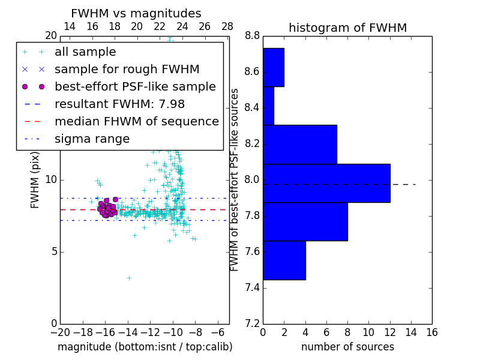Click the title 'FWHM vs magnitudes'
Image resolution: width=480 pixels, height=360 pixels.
(x=136, y=13)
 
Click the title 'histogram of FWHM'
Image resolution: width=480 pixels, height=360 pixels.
(x=347, y=28)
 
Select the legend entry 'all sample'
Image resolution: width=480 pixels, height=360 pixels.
(x=85, y=52)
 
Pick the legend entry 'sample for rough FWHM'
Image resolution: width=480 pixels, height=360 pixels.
(x=127, y=69)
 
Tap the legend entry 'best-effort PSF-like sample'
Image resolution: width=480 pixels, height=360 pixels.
(x=135, y=86)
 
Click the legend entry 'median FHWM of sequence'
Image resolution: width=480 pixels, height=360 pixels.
(x=136, y=121)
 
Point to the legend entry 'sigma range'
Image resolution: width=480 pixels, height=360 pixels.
(x=92, y=139)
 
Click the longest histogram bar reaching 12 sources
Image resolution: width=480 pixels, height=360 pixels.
(x=326, y=183)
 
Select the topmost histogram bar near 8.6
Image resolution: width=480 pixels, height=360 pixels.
(x=273, y=67)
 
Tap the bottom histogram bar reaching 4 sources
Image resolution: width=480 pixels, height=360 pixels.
(x=284, y=260)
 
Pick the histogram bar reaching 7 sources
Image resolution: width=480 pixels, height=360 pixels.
(x=299, y=144)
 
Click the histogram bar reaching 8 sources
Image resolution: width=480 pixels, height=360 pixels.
(x=305, y=221)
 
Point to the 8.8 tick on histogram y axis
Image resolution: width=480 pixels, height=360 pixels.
(x=252, y=36)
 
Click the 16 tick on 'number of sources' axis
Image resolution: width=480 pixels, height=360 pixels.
(x=431, y=331)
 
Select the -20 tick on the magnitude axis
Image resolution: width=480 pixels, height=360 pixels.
(x=60, y=331)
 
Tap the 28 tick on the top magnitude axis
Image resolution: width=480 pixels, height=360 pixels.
(x=227, y=26)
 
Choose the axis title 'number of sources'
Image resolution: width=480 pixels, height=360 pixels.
(x=347, y=347)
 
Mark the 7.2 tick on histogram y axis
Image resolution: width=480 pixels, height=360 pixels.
(x=252, y=323)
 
